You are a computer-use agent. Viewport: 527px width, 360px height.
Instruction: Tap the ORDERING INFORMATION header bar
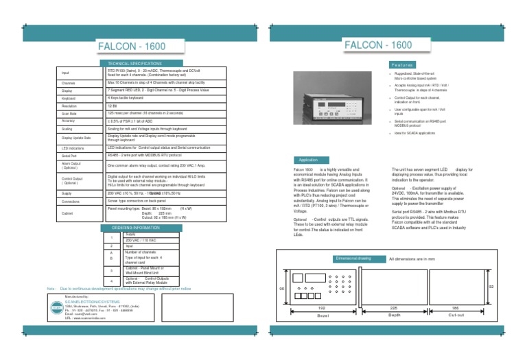coord(135,228)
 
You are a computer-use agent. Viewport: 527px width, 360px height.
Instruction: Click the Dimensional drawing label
coord(353,259)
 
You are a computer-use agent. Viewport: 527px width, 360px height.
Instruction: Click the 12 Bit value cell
coord(113,106)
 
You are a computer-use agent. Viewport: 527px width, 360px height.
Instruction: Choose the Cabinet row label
coord(69,213)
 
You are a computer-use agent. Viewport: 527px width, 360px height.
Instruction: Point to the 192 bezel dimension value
coord(322,309)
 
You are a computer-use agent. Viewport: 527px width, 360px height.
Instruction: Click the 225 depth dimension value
coord(394,309)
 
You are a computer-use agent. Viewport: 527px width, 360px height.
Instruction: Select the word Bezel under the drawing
coord(322,316)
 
